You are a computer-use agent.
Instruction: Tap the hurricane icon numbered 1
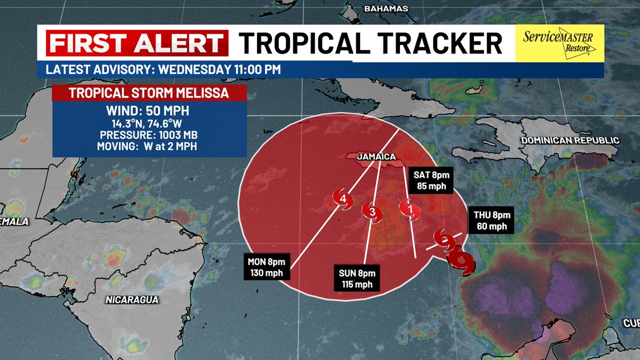(x=410, y=209)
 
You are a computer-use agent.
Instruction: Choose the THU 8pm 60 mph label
(x=492, y=221)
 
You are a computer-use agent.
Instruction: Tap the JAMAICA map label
(x=376, y=157)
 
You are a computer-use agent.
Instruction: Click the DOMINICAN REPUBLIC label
(x=570, y=140)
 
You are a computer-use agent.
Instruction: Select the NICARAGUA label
(x=132, y=300)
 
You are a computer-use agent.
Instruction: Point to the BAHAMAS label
(x=386, y=9)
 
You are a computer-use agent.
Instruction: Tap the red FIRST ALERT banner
(x=137, y=43)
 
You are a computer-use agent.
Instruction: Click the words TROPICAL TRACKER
(x=370, y=43)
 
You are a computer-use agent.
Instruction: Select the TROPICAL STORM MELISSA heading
(x=149, y=93)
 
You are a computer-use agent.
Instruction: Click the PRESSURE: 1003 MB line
(x=149, y=134)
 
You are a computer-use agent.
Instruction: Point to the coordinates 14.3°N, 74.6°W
(x=149, y=124)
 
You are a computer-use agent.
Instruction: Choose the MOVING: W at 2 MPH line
(x=149, y=145)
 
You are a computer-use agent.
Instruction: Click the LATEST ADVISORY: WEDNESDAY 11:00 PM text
(x=163, y=69)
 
